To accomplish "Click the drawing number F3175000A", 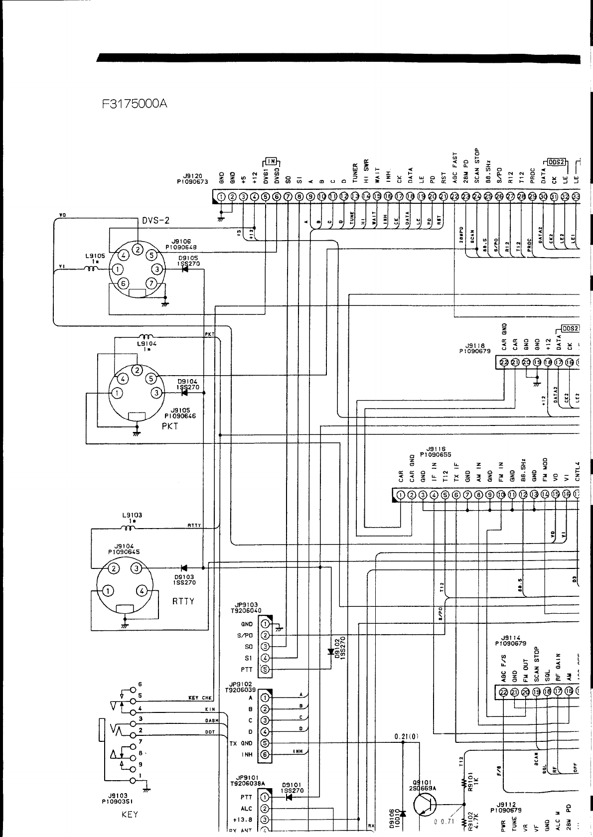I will click(134, 104).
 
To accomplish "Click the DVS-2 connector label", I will click(155, 222).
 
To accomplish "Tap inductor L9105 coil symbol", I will click(92, 270).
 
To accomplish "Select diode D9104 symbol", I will click(185, 393).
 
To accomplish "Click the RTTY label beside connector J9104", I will click(183, 601).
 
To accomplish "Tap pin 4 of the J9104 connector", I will click(143, 591).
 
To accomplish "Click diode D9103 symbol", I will click(184, 567).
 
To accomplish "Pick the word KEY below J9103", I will click(130, 815).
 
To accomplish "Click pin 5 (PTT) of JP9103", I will click(265, 670).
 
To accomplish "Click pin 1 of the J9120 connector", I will click(221, 197).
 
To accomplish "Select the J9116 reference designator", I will click(436, 448).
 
